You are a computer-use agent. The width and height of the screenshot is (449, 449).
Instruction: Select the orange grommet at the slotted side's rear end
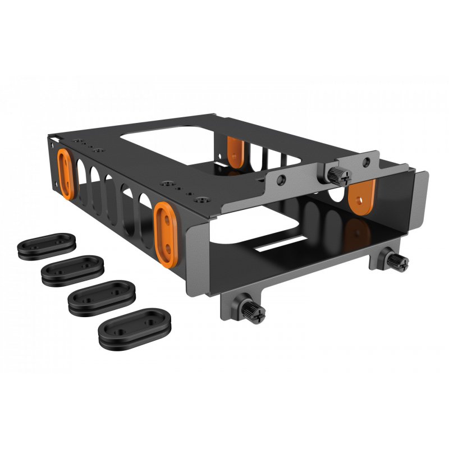66,172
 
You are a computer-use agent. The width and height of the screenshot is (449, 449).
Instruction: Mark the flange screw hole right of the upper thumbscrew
367,163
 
